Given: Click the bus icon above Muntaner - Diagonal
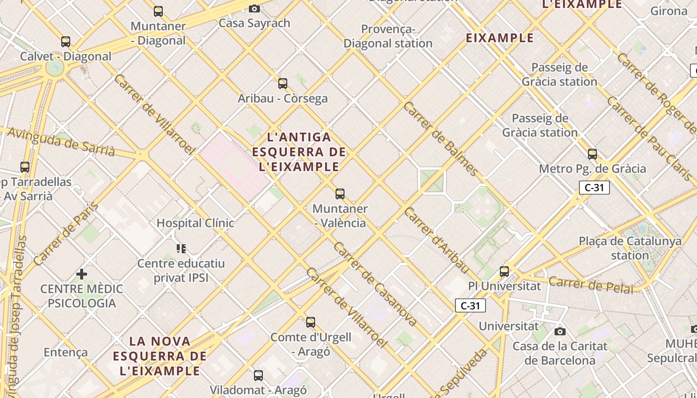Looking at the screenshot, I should tap(158, 11).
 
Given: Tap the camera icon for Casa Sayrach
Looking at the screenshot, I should tap(254, 8).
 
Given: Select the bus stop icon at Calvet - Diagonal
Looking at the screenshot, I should tap(66, 42).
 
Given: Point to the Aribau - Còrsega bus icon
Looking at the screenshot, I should tap(283, 84).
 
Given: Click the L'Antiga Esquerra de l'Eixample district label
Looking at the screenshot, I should tap(299, 152).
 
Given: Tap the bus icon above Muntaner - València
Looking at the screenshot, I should tap(340, 194).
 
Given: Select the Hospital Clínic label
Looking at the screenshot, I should tap(195, 223).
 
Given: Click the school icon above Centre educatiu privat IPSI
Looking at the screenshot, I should tap(181, 248).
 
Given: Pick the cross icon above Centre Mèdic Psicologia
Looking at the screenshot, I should tap(82, 274).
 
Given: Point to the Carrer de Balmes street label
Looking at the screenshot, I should tap(441, 139).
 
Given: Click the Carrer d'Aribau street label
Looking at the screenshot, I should tap(436, 240).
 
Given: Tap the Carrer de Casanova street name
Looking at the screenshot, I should tap(375, 284).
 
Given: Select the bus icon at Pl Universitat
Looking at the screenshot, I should tap(504, 272).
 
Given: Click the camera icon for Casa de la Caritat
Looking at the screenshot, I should tap(560, 331).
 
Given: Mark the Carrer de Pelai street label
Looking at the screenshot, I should tap(591, 285).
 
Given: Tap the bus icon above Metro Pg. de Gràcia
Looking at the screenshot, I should tap(592, 154).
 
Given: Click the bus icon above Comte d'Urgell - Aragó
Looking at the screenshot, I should tap(311, 322).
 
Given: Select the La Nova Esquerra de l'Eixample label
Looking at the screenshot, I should tap(159, 356).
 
